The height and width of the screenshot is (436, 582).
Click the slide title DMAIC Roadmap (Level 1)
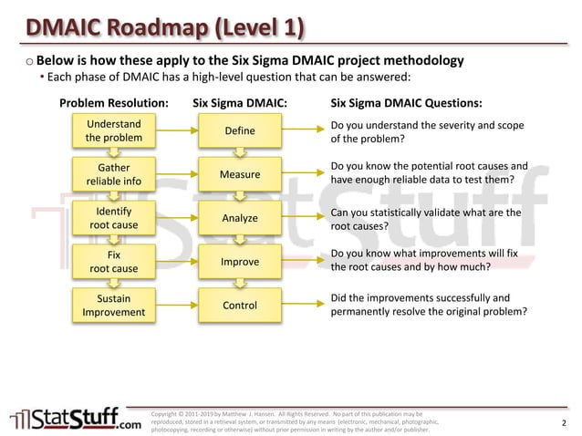point(164,27)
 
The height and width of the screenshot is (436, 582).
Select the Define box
point(240,131)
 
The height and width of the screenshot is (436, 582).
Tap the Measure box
point(240,174)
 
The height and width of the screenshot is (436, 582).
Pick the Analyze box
point(240,218)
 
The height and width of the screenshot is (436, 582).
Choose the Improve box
point(240,262)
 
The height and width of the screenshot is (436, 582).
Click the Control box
point(240,306)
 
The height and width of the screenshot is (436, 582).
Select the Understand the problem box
point(113,131)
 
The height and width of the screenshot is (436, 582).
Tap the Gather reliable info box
point(113,174)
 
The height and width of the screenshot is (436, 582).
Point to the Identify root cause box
point(113,218)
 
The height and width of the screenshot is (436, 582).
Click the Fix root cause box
point(113,262)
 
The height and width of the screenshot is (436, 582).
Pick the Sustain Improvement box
point(113,306)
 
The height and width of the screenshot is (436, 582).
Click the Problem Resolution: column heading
point(113,102)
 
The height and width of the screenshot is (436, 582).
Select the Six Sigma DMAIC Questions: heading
point(406,102)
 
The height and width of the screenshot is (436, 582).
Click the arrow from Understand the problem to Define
point(177,131)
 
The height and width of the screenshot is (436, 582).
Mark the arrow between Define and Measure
point(240,152)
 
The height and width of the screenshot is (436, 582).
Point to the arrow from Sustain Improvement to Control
point(177,306)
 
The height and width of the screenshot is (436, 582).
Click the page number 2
point(564,422)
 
